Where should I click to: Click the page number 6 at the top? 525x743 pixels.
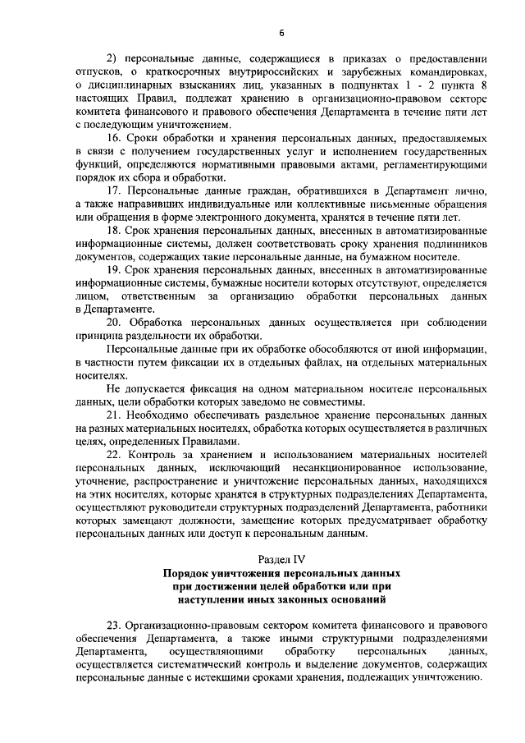tap(281, 32)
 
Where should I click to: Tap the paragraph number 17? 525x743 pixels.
tap(116, 191)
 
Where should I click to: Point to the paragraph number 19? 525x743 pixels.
tap(116, 268)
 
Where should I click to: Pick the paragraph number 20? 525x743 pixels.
tap(116, 320)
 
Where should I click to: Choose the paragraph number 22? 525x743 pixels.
tap(116, 453)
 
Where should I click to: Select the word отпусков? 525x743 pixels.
tap(97, 71)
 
